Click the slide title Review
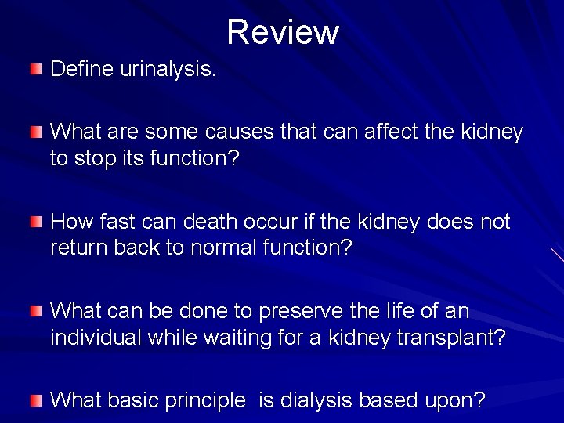click(x=283, y=32)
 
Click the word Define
click(x=84, y=70)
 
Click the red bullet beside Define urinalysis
click(x=37, y=70)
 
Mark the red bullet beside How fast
click(x=37, y=223)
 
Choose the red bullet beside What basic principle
click(x=37, y=401)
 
